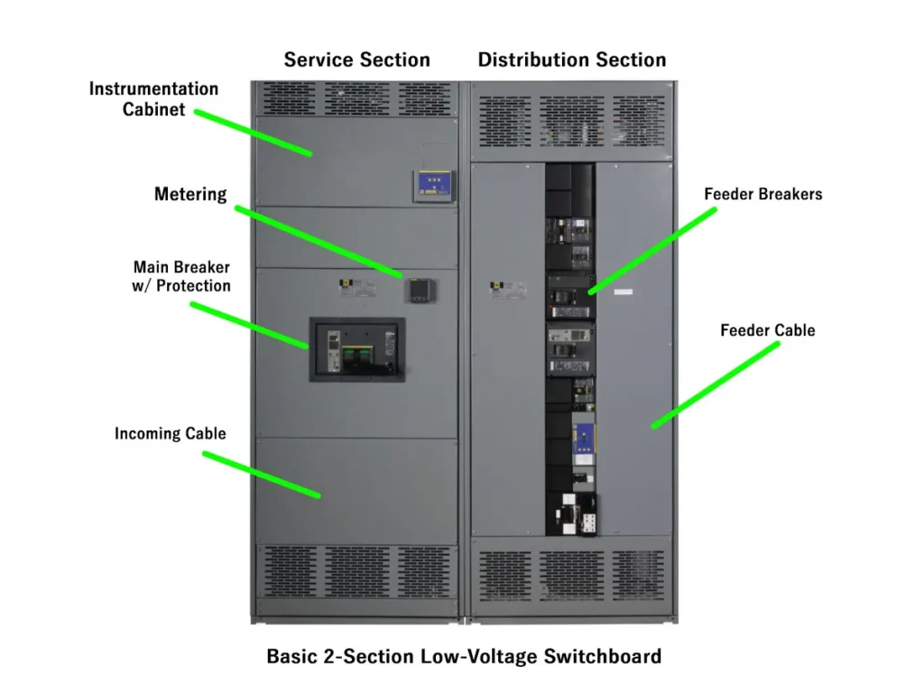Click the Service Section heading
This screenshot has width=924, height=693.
coord(356,60)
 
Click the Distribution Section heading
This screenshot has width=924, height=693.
coord(572,60)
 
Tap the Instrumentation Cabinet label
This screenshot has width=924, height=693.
coord(153,99)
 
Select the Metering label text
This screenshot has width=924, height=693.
coord(190,194)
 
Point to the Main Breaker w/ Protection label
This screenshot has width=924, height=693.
coord(182,276)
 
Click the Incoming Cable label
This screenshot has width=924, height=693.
coord(171,434)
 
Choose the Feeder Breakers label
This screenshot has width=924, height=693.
coord(763,194)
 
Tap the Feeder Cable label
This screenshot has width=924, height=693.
coord(767,330)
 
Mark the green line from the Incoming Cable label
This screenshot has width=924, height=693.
coord(261,474)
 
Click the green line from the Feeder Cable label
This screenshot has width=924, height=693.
coord(716,384)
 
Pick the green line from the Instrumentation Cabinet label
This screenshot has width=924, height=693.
coord(254,133)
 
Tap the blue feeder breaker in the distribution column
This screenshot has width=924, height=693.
coord(587,438)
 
